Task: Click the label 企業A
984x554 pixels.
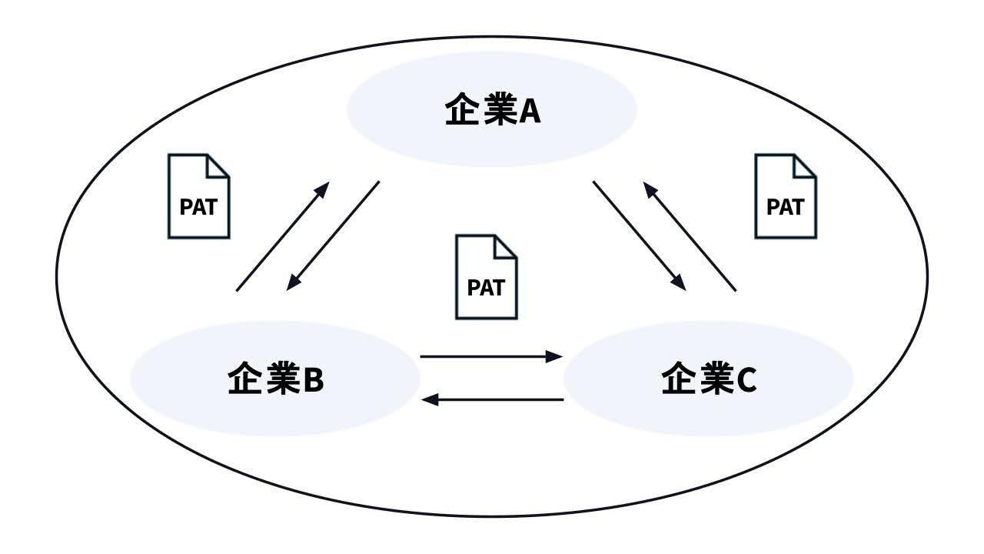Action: (493, 108)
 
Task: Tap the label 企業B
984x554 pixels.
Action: (276, 378)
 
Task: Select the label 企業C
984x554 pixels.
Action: (709, 378)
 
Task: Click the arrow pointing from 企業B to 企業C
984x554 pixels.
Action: (491, 356)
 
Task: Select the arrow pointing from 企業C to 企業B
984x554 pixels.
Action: (492, 399)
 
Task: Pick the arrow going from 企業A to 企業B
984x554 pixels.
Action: (333, 235)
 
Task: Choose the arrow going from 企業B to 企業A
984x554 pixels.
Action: (283, 236)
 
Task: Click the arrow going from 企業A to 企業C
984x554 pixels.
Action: (639, 235)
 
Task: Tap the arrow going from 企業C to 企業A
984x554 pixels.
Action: (690, 236)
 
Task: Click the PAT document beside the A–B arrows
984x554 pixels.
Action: (199, 196)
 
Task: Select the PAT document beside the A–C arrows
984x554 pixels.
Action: (786, 196)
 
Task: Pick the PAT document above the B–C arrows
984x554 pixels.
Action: (487, 277)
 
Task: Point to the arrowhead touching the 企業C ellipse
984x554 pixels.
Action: (554, 356)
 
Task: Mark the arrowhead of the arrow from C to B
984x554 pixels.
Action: (430, 399)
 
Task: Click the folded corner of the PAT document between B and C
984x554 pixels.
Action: (506, 247)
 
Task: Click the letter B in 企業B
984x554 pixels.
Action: (314, 380)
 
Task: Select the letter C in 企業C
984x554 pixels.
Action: (746, 380)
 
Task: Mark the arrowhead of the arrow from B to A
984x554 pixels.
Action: (322, 190)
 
